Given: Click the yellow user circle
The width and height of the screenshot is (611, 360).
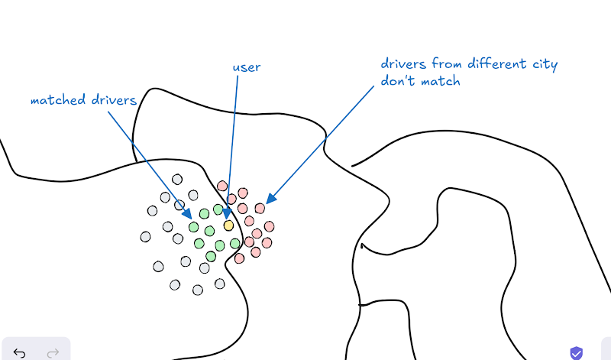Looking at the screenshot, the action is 228,225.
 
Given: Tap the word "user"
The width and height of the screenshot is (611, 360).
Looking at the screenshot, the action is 247,67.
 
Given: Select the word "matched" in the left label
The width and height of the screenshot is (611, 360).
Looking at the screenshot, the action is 59,100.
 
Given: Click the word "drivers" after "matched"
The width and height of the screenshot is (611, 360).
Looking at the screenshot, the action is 114,100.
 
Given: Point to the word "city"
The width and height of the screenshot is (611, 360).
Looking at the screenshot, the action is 545,64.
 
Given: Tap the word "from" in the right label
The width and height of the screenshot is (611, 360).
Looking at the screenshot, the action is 447,63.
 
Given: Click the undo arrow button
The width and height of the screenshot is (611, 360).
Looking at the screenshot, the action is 19,353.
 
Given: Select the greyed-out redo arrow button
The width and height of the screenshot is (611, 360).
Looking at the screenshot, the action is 53,353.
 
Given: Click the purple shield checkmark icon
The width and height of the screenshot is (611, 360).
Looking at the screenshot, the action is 577,353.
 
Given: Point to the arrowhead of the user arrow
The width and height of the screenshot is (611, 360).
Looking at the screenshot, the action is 228,215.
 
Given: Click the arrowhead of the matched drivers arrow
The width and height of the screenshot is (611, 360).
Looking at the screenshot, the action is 187,214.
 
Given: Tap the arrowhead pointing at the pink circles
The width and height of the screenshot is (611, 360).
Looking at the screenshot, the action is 271,199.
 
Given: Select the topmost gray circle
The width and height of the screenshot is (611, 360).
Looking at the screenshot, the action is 177,180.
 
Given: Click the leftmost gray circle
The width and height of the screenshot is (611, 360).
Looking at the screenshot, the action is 145,237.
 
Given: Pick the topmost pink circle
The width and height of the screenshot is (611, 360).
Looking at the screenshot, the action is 222,186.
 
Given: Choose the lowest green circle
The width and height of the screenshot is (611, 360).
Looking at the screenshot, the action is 211,256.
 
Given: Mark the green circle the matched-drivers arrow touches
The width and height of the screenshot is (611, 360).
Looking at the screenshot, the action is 194,226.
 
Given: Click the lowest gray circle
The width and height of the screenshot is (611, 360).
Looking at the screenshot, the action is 198,290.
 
